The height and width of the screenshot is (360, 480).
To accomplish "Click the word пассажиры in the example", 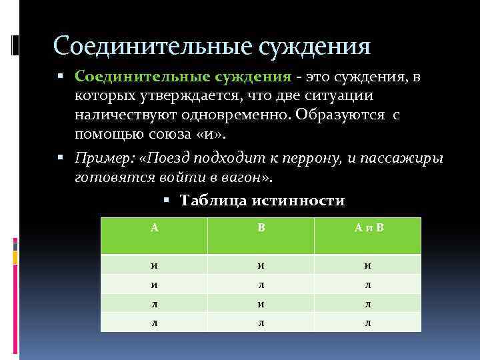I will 408,159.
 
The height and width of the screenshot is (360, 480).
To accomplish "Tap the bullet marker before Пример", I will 61,159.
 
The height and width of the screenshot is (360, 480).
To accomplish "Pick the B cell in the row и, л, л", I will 261,284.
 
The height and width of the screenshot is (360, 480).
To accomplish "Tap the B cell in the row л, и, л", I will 261,303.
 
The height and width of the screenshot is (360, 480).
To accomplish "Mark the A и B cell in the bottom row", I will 368,323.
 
